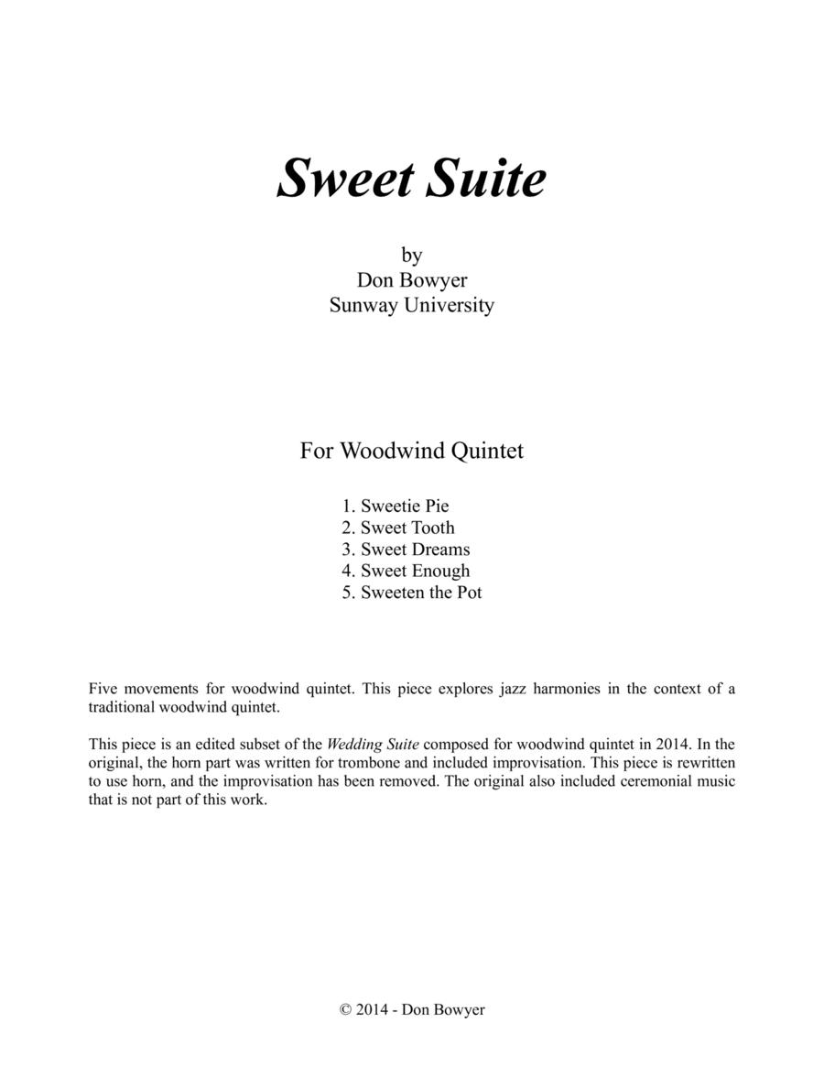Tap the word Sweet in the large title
tap(344, 179)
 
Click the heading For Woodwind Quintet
tap(412, 451)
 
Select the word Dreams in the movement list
tap(440, 550)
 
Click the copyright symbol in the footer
tap(345, 1009)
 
